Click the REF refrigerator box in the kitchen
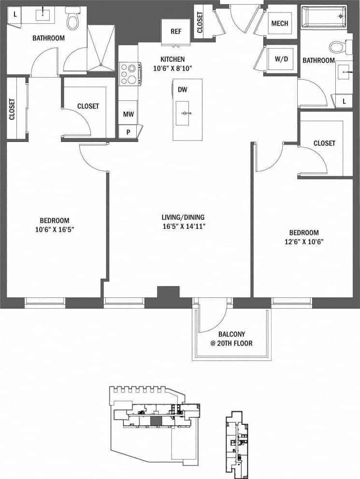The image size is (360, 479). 176,32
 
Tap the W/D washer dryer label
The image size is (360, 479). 281,60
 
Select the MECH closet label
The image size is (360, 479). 280,24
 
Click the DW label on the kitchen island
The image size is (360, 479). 182,89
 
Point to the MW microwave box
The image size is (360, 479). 128,114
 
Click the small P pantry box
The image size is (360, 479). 128,131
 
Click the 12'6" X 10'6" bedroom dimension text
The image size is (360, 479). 303,241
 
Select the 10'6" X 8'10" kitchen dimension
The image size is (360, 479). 173,68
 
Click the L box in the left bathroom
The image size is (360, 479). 15,14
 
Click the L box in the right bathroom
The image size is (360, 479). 344,101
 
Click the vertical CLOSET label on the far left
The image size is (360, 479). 12,110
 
